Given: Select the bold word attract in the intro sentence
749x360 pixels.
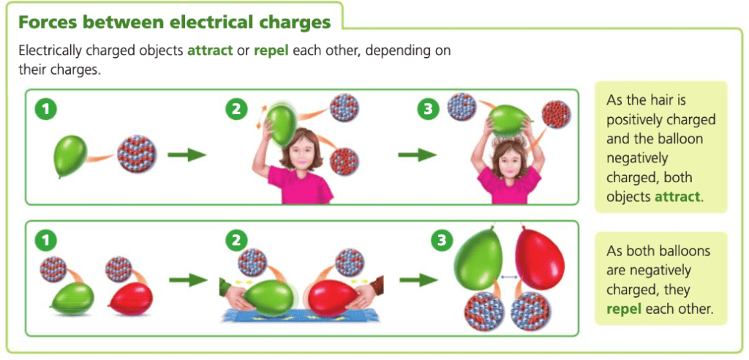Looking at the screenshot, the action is [x=209, y=50].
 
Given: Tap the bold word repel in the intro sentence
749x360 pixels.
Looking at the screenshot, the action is [x=271, y=51].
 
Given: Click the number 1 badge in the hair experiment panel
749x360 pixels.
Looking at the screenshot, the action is [x=45, y=110].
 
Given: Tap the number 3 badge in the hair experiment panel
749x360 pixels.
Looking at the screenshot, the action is [x=427, y=110].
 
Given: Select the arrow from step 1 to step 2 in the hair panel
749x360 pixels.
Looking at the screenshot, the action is [x=187, y=155].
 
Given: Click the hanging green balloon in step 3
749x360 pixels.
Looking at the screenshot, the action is [x=478, y=258].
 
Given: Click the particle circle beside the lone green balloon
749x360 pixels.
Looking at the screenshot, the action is [x=137, y=154].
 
